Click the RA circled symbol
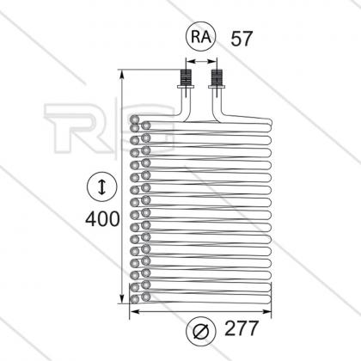tap(200, 36)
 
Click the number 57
tap(242, 39)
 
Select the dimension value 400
tap(102, 218)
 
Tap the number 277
tap(242, 328)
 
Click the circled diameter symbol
tap(200, 332)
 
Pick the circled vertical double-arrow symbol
tap(102, 187)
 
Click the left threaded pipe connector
tap(186, 76)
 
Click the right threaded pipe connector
tap(217, 76)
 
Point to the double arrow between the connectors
tap(201, 61)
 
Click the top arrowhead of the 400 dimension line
tap(122, 73)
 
